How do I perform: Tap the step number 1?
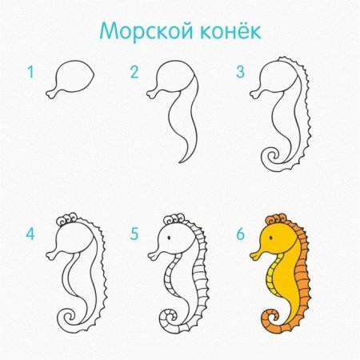point(30,73)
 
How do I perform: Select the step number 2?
point(134,73)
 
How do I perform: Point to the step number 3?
point(239,73)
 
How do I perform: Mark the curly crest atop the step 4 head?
point(70,218)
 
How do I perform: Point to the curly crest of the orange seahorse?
point(276,218)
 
